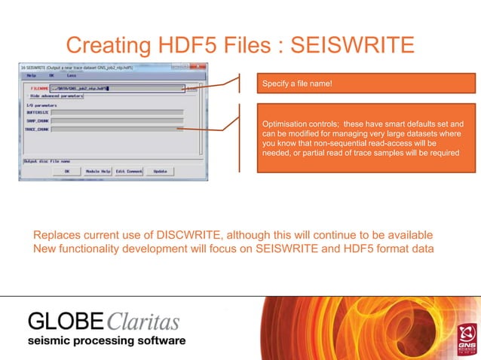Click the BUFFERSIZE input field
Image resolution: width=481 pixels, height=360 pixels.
tap(117, 112)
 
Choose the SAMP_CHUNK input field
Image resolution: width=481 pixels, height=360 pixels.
tap(117, 120)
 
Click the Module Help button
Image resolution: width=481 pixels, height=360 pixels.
tap(97, 171)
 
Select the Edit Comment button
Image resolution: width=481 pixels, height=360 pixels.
tap(129, 171)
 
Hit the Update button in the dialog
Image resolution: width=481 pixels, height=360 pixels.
tap(160, 171)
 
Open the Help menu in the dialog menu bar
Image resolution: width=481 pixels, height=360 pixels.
tap(31, 75)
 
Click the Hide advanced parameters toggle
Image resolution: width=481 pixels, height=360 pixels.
tap(57, 96)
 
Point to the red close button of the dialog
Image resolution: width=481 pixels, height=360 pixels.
tap(201, 67)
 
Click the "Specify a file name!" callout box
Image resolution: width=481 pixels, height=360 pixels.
tap(366, 83)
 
